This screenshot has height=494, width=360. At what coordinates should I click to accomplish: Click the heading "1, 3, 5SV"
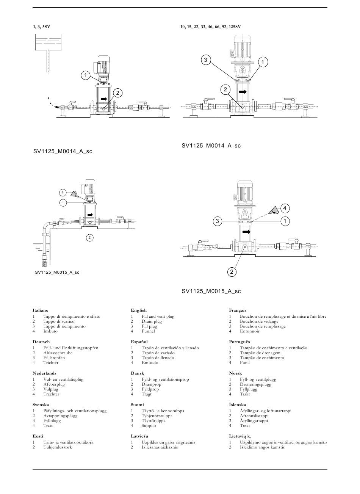41,27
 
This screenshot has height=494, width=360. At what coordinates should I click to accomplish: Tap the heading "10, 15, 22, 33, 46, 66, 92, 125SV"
211,27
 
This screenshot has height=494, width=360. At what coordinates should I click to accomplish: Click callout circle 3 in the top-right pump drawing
206,60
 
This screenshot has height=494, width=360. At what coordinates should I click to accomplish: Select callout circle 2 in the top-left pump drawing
117,93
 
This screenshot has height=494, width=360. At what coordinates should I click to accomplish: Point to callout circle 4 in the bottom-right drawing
285,208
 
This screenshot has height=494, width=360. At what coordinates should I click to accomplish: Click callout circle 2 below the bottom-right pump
232,272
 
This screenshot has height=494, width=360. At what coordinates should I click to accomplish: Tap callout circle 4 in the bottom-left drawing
63,193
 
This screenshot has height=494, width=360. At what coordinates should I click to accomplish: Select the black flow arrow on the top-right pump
243,92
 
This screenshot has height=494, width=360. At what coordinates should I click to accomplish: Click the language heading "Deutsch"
41,342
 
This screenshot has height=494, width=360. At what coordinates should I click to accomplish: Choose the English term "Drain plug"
152,321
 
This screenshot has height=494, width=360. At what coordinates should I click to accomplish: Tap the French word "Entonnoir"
250,331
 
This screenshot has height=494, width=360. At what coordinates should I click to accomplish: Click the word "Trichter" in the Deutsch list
51,362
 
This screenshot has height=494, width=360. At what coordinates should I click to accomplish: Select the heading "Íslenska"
238,405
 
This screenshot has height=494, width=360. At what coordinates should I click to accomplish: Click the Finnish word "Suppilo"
149,425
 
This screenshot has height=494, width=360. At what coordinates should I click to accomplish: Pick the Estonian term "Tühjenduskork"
58,447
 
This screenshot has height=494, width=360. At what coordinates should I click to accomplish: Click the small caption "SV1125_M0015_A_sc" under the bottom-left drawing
57,272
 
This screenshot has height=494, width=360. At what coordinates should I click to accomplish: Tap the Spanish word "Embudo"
150,362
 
